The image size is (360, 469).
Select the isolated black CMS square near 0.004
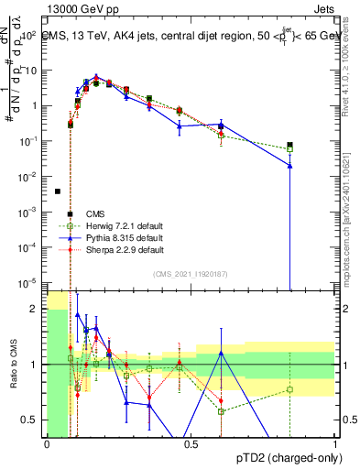click(58, 191)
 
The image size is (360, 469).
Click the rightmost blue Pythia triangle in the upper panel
click(289, 166)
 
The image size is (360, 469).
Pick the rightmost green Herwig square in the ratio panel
click(289, 389)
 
